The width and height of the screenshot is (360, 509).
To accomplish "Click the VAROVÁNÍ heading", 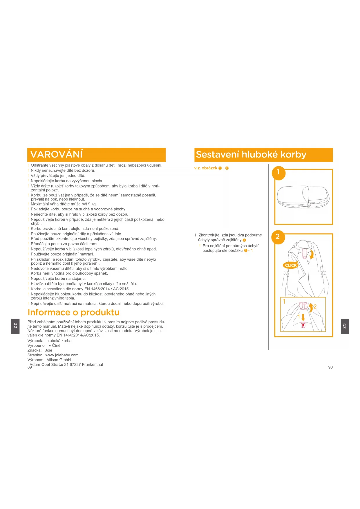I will [x=57, y=154].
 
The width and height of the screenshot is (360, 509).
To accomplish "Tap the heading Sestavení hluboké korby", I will [x=251, y=154].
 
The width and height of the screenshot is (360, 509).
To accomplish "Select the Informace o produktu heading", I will [x=73, y=312].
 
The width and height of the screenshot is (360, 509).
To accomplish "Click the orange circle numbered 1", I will [x=278, y=173].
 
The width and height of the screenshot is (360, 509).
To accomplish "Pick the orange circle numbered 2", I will [x=278, y=237].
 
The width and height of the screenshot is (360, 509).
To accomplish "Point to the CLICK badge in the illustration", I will [x=290, y=265].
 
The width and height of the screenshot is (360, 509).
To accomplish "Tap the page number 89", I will [x=29, y=367].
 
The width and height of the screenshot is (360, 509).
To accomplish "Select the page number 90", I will [x=330, y=367].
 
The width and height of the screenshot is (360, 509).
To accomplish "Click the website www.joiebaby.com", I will [x=62, y=355].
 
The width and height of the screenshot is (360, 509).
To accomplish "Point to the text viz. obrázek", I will [x=206, y=168].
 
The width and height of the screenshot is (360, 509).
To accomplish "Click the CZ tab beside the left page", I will [x=15, y=326].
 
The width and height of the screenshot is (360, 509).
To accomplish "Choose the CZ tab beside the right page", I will [x=345, y=326].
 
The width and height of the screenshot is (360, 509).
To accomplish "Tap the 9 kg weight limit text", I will [x=92, y=204].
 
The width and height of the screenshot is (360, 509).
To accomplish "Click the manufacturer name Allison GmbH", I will [x=59, y=360].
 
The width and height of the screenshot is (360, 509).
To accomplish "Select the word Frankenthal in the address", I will [x=92, y=365].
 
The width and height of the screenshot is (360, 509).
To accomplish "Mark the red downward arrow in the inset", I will [x=303, y=317].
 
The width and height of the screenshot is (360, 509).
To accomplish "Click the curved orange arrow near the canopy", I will [x=312, y=255].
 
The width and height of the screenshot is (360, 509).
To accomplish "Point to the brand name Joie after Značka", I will [x=49, y=351].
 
